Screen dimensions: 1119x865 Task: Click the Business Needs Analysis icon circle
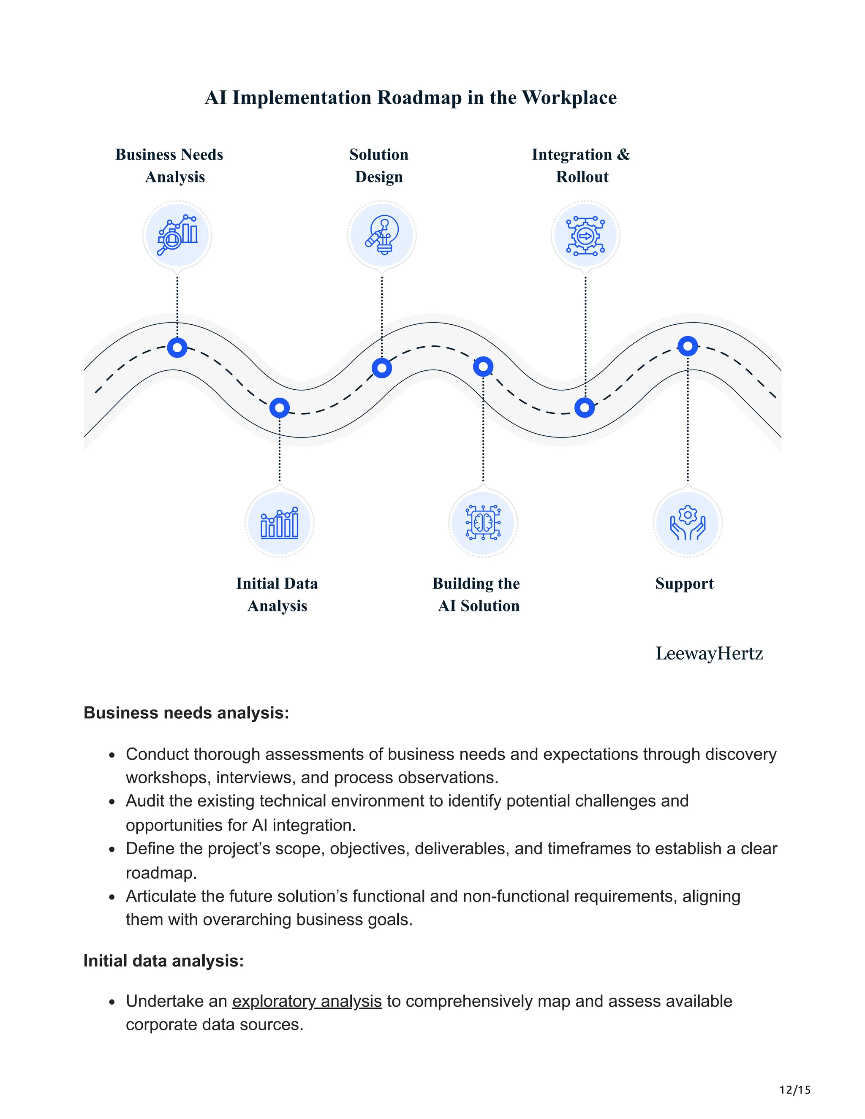click(x=177, y=235)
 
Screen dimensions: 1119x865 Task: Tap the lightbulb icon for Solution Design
click(x=382, y=235)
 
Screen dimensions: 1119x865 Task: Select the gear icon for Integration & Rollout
click(x=585, y=235)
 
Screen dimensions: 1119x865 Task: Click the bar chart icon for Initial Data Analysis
click(x=279, y=523)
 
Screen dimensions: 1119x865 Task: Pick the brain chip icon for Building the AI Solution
click(x=483, y=523)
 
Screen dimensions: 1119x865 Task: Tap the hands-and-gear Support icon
click(x=688, y=523)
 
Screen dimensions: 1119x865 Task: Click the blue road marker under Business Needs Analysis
click(x=177, y=348)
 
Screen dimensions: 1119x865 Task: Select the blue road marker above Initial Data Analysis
click(x=279, y=408)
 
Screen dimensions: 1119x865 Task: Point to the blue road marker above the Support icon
click(x=688, y=346)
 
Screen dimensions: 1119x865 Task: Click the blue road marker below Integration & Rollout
click(x=585, y=408)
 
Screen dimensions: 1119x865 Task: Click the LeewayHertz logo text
click(x=709, y=653)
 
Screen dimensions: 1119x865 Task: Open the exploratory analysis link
click(x=307, y=1001)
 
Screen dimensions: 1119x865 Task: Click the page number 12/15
click(x=795, y=1090)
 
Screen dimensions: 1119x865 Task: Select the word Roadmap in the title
click(x=419, y=98)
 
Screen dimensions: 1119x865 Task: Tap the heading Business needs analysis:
click(x=186, y=713)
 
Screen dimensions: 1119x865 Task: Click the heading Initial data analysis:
click(x=163, y=961)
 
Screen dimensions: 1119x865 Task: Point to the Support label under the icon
click(x=684, y=584)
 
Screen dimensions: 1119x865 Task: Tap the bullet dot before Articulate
click(x=112, y=898)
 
